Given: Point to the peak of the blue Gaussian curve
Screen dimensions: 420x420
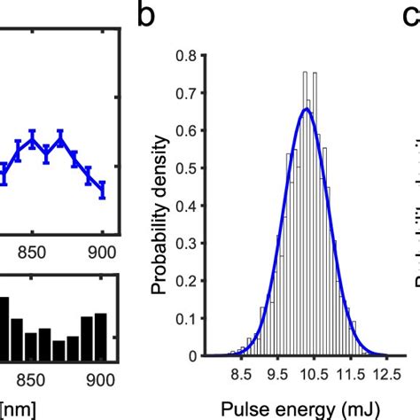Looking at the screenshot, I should click(306, 109).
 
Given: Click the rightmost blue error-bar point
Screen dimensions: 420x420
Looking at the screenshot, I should click(102, 190).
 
